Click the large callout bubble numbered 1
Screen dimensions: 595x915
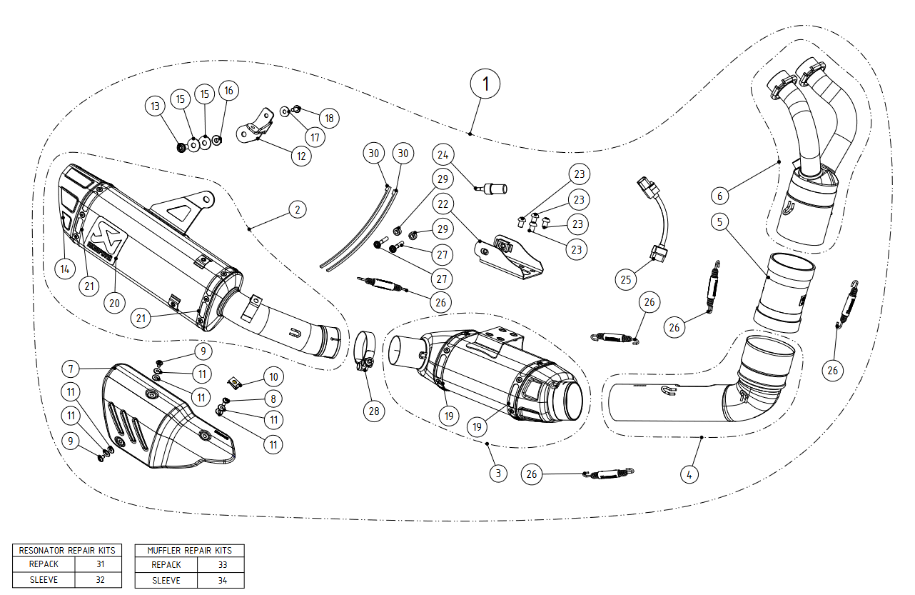[485, 84]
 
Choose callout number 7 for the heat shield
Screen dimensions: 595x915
[71, 369]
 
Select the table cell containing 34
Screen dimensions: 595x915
[222, 581]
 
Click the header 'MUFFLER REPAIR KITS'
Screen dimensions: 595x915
[189, 551]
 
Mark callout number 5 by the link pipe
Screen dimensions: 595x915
[720, 222]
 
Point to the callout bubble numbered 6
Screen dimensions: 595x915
[720, 194]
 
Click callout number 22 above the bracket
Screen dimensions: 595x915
[443, 204]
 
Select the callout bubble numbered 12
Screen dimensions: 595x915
[300, 156]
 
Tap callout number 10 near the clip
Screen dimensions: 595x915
[272, 376]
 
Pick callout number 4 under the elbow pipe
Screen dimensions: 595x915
[688, 473]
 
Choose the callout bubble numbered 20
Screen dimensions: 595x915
[113, 302]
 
